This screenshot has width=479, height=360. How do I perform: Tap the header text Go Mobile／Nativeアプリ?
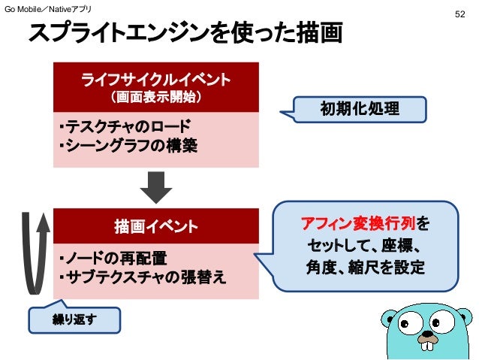(x=49, y=7)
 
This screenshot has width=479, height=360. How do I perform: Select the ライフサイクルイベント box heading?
(x=156, y=79)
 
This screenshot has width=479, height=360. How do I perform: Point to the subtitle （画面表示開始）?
(x=156, y=97)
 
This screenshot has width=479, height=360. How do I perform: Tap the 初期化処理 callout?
(x=360, y=110)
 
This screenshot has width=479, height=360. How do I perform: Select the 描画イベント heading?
(x=156, y=226)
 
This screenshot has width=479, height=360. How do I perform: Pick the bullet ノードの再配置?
(x=113, y=259)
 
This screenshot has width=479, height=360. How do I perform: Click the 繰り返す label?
(x=73, y=319)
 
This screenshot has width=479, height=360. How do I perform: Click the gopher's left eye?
(x=410, y=325)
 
